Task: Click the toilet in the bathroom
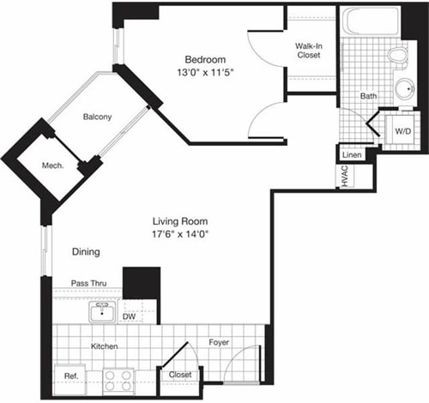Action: click(396, 56)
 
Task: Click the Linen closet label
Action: click(352, 155)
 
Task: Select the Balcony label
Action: click(96, 117)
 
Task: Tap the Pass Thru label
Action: click(90, 282)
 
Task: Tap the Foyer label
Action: click(220, 342)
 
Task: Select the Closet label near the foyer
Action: click(180, 374)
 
